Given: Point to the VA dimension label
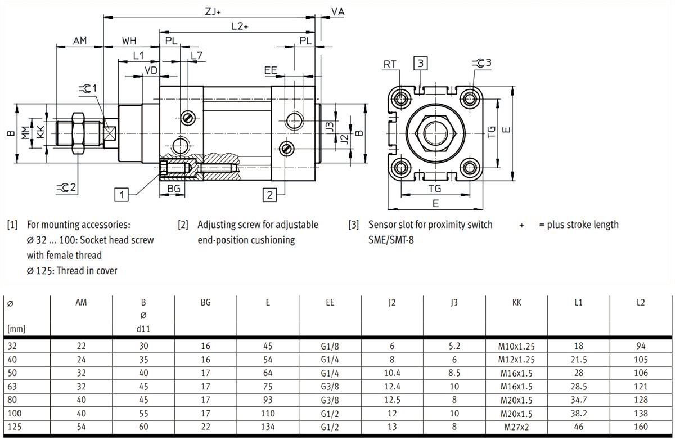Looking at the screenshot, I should pyautogui.click(x=337, y=11).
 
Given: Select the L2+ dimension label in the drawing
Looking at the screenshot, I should pyautogui.click(x=240, y=26).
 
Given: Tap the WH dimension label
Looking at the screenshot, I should pyautogui.click(x=129, y=41).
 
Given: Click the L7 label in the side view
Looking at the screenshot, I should pyautogui.click(x=196, y=56).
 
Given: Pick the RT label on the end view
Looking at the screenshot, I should pyautogui.click(x=390, y=65).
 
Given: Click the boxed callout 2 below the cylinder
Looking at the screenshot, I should pyautogui.click(x=270, y=195).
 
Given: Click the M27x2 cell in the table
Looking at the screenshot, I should pyautogui.click(x=516, y=427).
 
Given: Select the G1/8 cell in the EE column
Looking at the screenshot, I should pyautogui.click(x=330, y=346).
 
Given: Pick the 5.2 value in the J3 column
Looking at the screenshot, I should pyautogui.click(x=454, y=346).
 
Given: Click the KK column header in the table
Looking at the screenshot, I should pyautogui.click(x=516, y=302).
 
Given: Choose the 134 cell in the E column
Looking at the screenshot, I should pyautogui.click(x=268, y=427).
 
